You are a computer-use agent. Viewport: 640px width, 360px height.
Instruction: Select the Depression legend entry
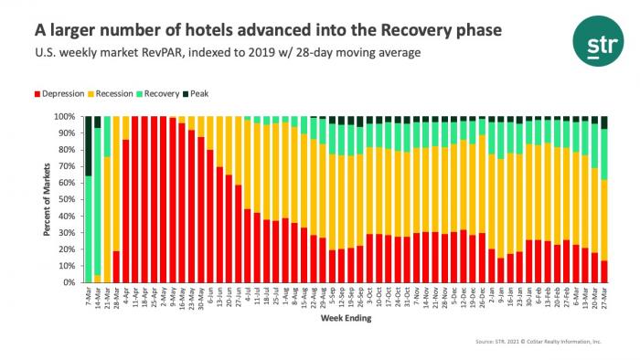tap(65, 95)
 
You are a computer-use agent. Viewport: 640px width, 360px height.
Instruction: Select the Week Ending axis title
tap(345, 322)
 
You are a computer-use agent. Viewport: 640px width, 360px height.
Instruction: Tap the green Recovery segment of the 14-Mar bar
tap(97, 201)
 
